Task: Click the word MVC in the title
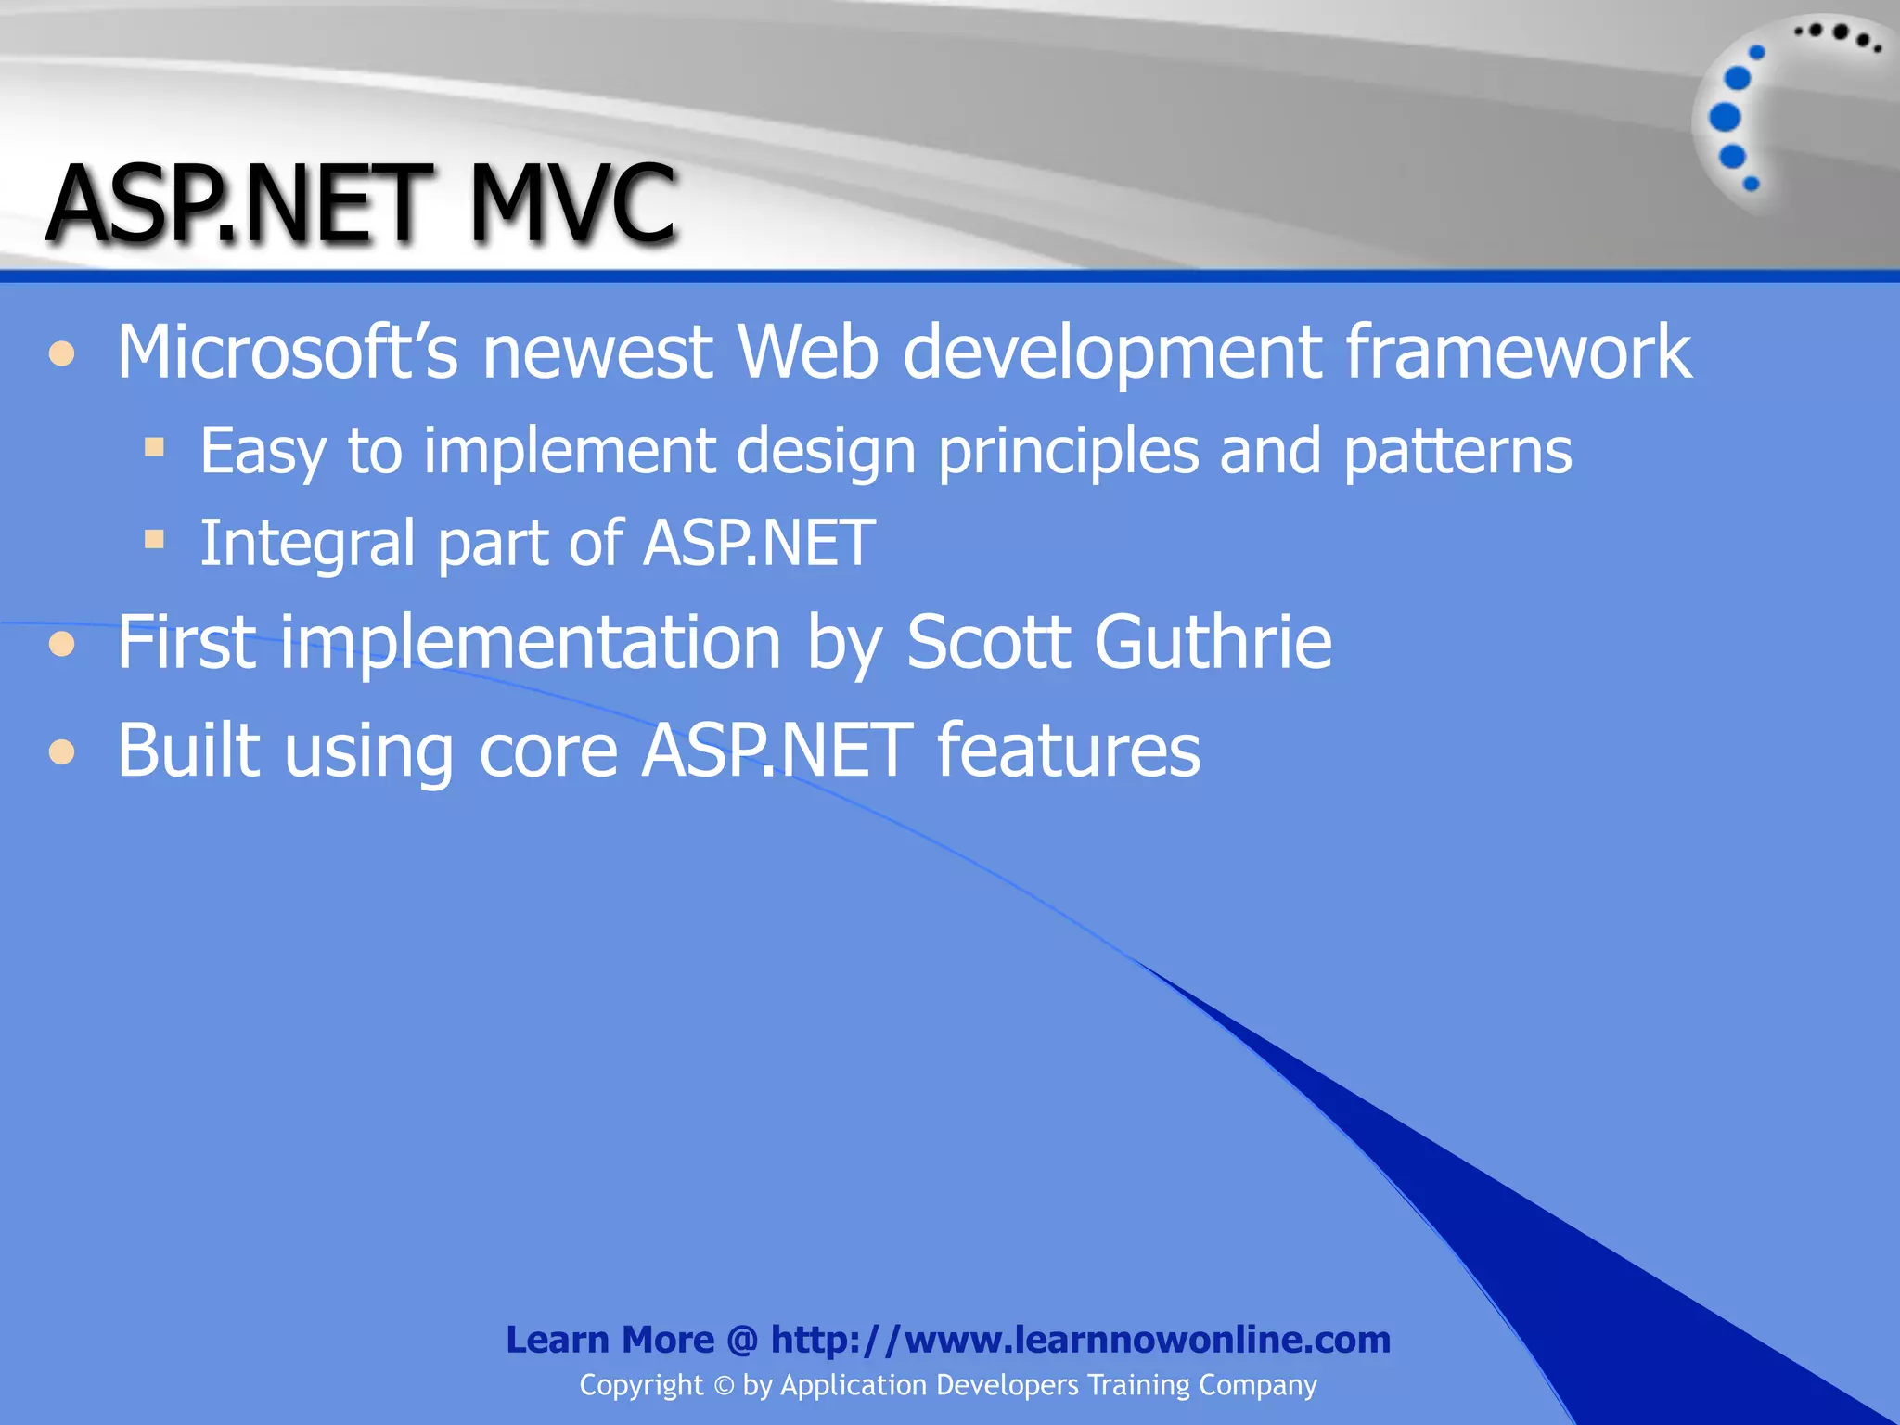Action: [x=572, y=203]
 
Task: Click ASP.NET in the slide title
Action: [x=239, y=203]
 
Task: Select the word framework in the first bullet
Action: [x=1518, y=353]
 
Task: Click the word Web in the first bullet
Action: [x=807, y=353]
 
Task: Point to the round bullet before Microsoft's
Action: [x=62, y=353]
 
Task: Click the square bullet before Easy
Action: [x=154, y=448]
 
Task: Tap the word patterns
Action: [x=1457, y=452]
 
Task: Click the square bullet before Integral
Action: [x=154, y=539]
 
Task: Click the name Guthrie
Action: [x=1213, y=642]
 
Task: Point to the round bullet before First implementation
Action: [x=62, y=643]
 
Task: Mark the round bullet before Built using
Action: [x=62, y=751]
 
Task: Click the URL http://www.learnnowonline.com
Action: [x=1081, y=1340]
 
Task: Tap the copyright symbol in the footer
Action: [x=724, y=1386]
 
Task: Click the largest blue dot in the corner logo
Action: [x=1725, y=118]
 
